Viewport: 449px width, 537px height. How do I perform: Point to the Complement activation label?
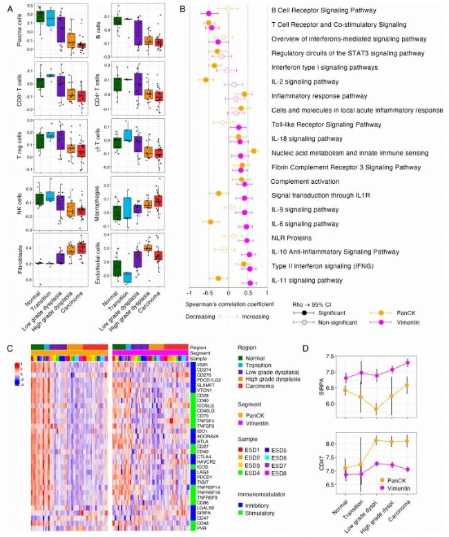(x=305, y=180)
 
